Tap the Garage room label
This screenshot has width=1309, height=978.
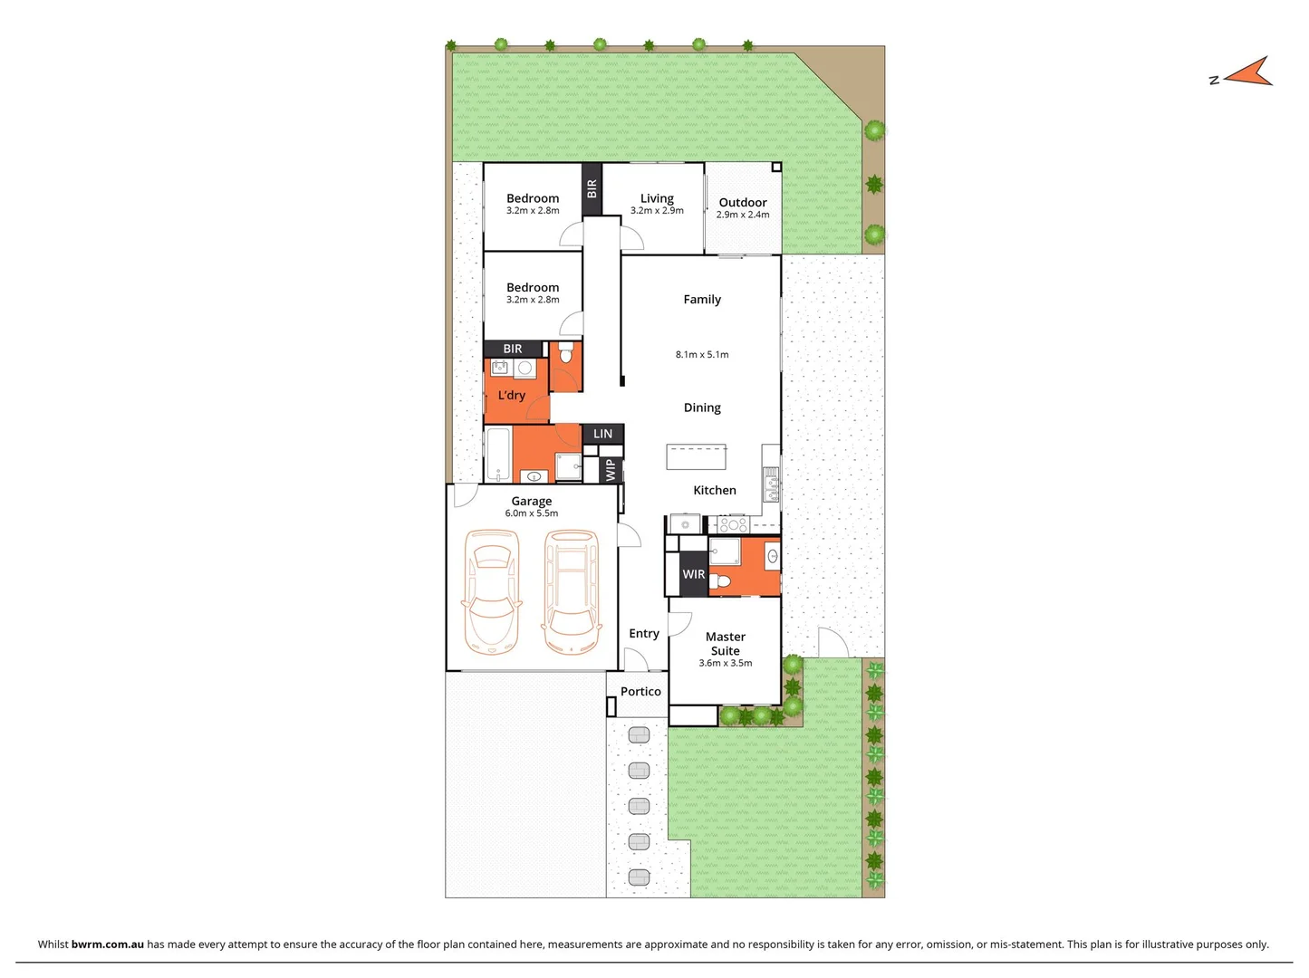[x=531, y=501]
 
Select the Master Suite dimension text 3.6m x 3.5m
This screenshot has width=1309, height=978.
[x=725, y=663]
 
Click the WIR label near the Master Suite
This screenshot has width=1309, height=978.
[x=694, y=574]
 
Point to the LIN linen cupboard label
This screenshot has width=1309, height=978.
[x=602, y=434]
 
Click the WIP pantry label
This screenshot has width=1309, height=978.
[x=611, y=470]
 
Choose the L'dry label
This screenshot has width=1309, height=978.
[x=512, y=395]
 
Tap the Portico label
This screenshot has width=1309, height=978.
[x=640, y=691]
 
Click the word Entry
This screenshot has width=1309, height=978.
[x=644, y=633]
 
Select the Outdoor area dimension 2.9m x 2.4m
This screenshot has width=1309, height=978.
[x=743, y=215]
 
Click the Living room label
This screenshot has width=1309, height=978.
[x=657, y=198]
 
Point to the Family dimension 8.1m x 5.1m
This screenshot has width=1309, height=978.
[x=702, y=354]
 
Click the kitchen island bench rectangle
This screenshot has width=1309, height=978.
[x=696, y=457]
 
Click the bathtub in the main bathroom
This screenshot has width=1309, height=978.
[x=498, y=455]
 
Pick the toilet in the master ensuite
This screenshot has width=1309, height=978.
[x=720, y=580]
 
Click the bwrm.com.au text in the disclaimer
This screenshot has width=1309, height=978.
[x=107, y=944]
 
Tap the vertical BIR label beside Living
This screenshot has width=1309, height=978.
[x=592, y=188]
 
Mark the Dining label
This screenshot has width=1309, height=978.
[x=702, y=407]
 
